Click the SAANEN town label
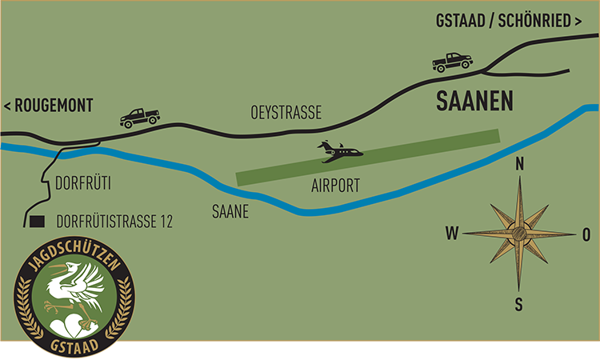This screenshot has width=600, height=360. [x=474, y=102]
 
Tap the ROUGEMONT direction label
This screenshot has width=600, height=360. [x=49, y=106]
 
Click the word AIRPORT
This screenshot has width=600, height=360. [x=335, y=186]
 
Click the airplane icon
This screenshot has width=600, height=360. [x=341, y=151]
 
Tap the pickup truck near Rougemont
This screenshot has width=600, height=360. [x=139, y=118]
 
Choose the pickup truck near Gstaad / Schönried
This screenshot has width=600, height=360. [x=452, y=61]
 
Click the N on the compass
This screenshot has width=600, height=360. [x=520, y=165]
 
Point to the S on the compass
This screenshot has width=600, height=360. [x=519, y=304]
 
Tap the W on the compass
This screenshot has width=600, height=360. [x=452, y=234]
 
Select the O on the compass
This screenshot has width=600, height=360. [x=586, y=234]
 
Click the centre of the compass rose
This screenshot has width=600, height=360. [x=520, y=234]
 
